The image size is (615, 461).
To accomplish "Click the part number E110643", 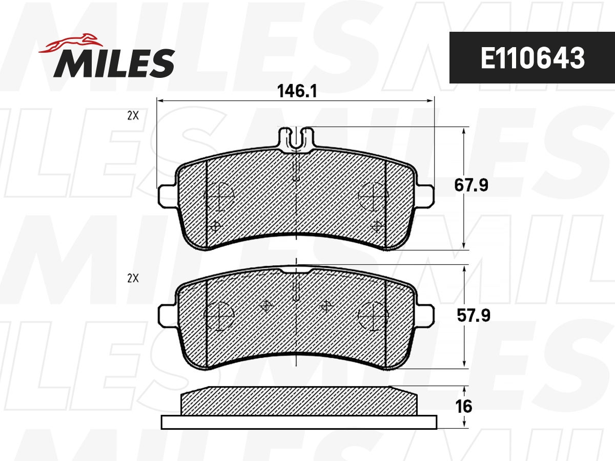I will (x=532, y=58).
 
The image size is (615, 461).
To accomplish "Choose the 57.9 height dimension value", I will (x=473, y=316).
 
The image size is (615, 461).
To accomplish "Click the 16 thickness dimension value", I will (x=463, y=406).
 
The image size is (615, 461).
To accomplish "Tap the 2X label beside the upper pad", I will (x=133, y=116).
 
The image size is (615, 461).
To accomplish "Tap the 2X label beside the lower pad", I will (x=133, y=279).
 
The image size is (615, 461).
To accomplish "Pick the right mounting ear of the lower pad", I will (x=426, y=313).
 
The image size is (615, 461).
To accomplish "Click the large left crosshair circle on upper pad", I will (x=219, y=196).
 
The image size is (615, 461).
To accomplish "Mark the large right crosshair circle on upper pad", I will (x=373, y=196).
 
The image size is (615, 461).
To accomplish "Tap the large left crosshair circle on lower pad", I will (x=219, y=315).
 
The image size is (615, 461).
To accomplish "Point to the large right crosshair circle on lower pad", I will (x=373, y=315).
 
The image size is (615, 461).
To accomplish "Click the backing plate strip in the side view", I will (x=299, y=422).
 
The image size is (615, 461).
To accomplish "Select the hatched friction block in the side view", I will (x=299, y=402).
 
